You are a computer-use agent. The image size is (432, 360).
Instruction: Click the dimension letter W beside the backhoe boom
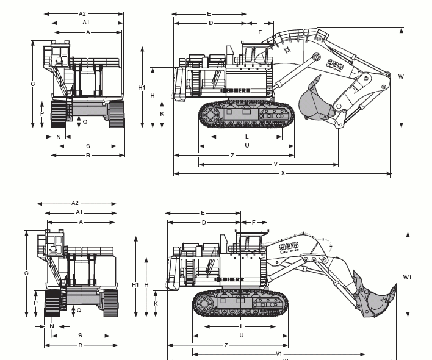pyautogui.click(x=401, y=77)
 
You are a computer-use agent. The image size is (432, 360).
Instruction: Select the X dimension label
pyautogui.click(x=283, y=174)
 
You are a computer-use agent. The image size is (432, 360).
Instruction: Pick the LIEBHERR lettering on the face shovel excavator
pyautogui.click(x=229, y=279)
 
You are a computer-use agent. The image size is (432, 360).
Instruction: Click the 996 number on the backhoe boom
pyautogui.click(x=335, y=63)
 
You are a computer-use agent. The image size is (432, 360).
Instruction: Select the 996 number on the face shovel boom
pyautogui.click(x=286, y=248)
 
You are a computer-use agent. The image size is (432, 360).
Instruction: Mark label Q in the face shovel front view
pyautogui.click(x=79, y=310)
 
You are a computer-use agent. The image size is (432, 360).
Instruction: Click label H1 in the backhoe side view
pyautogui.click(x=142, y=87)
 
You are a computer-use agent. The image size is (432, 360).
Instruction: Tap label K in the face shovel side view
pyautogui.click(x=156, y=303)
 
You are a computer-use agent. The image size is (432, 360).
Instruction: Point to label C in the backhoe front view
pyautogui.click(x=33, y=84)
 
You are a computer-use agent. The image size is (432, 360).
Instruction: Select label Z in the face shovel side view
pyautogui.click(x=226, y=345)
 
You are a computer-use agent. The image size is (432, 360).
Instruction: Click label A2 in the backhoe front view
pyautogui.click(x=82, y=13)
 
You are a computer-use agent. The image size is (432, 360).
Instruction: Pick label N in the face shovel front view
pyautogui.click(x=52, y=326)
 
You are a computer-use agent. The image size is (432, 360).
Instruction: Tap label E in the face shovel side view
pyautogui.click(x=203, y=212)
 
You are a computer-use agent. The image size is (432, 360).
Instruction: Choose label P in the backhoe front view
pyautogui.click(x=42, y=113)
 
